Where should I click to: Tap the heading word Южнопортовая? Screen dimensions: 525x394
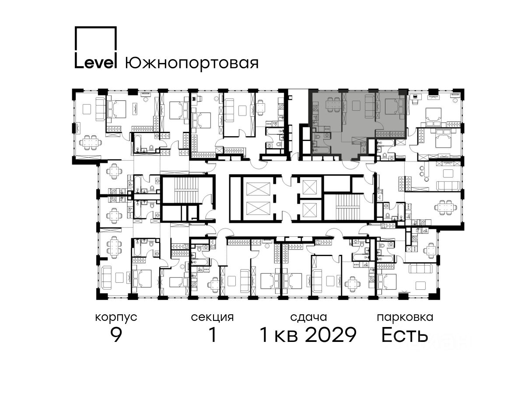point(192,63)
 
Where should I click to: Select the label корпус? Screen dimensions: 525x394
point(116,318)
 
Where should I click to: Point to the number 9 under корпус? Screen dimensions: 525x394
point(116,335)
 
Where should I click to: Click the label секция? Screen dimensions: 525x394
point(212,318)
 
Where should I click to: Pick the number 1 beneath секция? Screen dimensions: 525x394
point(213,335)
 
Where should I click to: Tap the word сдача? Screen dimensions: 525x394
point(308,317)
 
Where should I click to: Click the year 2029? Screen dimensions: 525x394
point(331,335)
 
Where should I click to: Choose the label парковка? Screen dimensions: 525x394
point(405,318)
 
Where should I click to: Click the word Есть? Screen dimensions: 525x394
point(404,335)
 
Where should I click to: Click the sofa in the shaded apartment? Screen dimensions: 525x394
point(370,106)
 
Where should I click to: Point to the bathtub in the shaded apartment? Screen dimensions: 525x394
point(322,150)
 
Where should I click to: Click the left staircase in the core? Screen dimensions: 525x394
point(185,191)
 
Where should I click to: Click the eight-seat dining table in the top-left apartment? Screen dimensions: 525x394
point(91,143)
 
